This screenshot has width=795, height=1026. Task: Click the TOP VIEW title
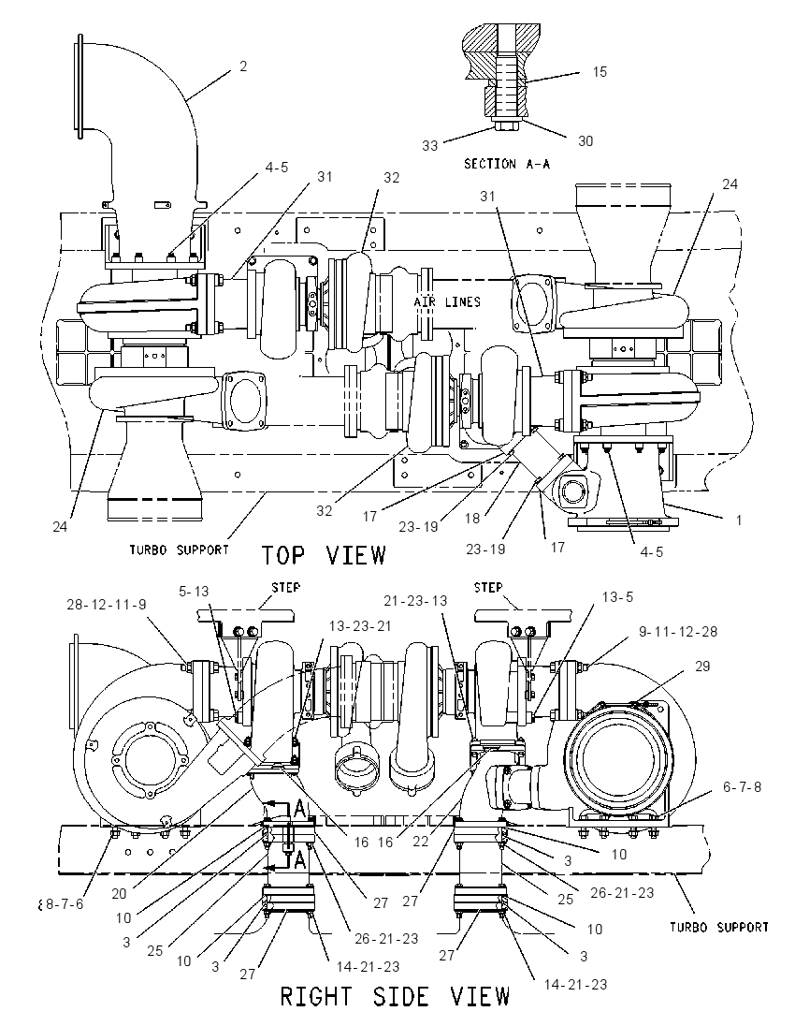[x=325, y=555]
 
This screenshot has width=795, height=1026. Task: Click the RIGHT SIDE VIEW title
[x=395, y=997]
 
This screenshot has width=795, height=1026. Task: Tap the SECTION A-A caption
[x=507, y=164]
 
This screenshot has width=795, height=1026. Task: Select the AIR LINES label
[x=447, y=301]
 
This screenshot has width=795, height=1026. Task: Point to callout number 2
[x=243, y=66]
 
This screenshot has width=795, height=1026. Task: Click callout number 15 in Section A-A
[x=600, y=72]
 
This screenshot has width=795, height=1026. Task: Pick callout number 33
[x=429, y=145]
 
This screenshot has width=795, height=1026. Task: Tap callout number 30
[x=585, y=140]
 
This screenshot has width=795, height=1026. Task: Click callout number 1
[x=739, y=520]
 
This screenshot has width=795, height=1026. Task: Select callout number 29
[x=702, y=667]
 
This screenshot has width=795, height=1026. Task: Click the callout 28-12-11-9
[x=107, y=605]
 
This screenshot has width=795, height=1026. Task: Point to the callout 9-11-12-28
[x=678, y=632]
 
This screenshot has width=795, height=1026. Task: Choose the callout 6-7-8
[x=742, y=787]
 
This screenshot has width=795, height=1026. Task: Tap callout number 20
[x=119, y=894]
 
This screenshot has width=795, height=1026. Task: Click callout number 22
[x=420, y=841]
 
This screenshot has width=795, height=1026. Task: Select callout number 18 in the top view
[x=472, y=519]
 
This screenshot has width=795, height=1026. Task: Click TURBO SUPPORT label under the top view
[x=179, y=550]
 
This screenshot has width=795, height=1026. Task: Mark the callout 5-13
[x=194, y=592]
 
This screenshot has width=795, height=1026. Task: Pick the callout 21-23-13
[x=415, y=601]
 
